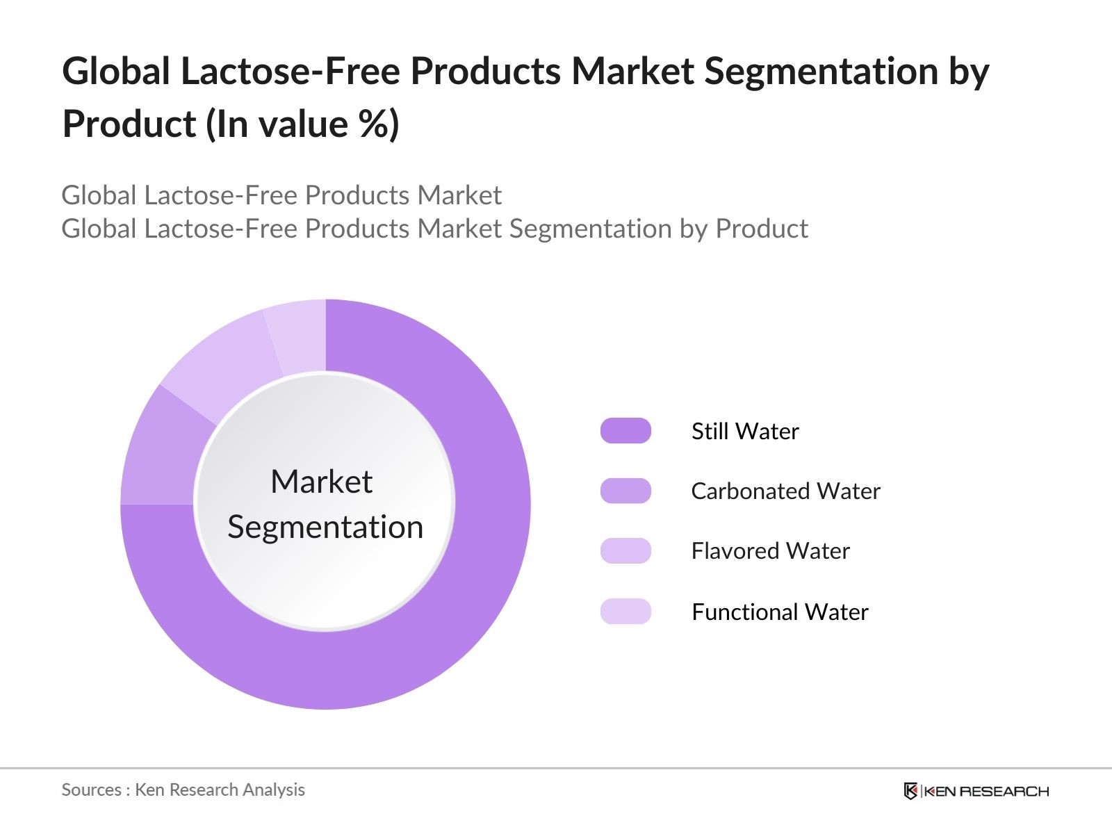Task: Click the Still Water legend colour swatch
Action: pyautogui.click(x=625, y=431)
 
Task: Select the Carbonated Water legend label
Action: pyautogui.click(x=785, y=491)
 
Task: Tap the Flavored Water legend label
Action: pyautogui.click(x=770, y=551)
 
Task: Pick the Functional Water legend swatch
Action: pyautogui.click(x=625, y=612)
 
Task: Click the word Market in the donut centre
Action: pyautogui.click(x=321, y=482)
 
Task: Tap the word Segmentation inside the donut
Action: pyautogui.click(x=325, y=527)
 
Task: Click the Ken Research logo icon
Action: pyautogui.click(x=910, y=791)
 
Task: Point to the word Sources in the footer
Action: pyautogui.click(x=92, y=790)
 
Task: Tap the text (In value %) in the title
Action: pyautogui.click(x=302, y=124)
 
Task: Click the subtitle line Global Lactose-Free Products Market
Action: pyautogui.click(x=281, y=195)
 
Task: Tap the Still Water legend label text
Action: pyautogui.click(x=745, y=432)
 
